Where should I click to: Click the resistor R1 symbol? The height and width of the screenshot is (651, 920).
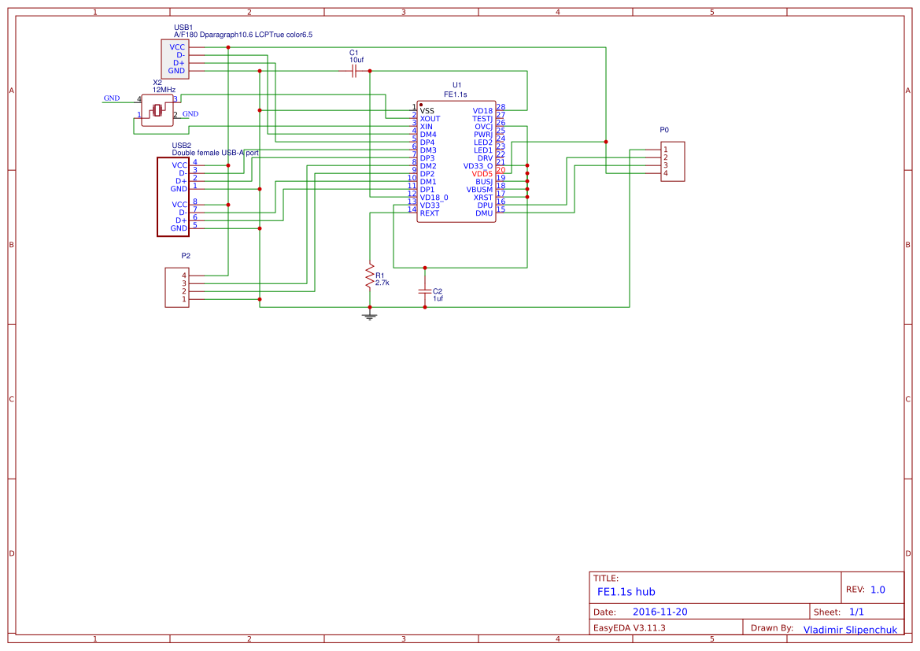pyautogui.click(x=368, y=276)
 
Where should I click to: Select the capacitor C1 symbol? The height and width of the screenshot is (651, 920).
pyautogui.click(x=354, y=71)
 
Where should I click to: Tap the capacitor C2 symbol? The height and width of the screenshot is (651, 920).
pyautogui.click(x=425, y=291)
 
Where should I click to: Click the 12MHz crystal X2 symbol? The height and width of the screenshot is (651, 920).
pyautogui.click(x=157, y=110)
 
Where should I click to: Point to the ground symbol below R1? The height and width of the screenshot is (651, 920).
pyautogui.click(x=368, y=316)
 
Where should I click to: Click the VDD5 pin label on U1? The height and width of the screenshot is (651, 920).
pyautogui.click(x=482, y=174)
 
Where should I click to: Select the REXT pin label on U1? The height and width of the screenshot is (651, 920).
pyautogui.click(x=430, y=213)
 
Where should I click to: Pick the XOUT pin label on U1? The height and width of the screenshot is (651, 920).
pyautogui.click(x=430, y=119)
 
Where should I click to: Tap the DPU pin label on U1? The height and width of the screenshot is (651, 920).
pyautogui.click(x=484, y=205)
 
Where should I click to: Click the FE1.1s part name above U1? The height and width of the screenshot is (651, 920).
pyautogui.click(x=456, y=94)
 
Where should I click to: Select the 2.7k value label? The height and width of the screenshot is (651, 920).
pyautogui.click(x=382, y=283)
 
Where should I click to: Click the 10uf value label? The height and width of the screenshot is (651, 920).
pyautogui.click(x=357, y=60)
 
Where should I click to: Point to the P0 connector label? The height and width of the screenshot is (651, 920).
pyautogui.click(x=664, y=130)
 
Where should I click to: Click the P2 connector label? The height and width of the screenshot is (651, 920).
pyautogui.click(x=186, y=256)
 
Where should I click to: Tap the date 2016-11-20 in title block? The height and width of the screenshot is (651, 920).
pyautogui.click(x=660, y=612)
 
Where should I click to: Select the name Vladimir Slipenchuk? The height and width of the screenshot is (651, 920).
pyautogui.click(x=849, y=630)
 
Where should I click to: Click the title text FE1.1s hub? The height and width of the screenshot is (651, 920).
pyautogui.click(x=626, y=592)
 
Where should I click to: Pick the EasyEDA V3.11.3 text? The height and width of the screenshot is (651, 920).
pyautogui.click(x=629, y=628)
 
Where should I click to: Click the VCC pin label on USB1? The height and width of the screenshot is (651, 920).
pyautogui.click(x=177, y=47)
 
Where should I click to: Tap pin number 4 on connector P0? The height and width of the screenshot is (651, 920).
pyautogui.click(x=666, y=173)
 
